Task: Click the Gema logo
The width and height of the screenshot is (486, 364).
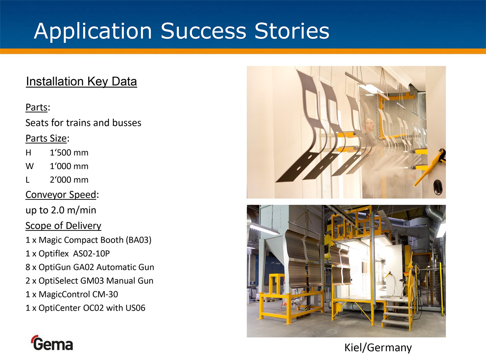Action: [52, 343]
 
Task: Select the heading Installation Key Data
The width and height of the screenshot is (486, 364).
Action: [82, 81]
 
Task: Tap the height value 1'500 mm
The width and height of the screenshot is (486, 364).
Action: [69, 153]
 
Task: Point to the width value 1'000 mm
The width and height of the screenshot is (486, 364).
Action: [69, 166]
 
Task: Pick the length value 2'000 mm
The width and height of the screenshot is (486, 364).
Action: [69, 180]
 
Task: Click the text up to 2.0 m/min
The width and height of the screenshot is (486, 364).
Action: [61, 210]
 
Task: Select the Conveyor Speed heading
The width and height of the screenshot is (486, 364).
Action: [61, 195]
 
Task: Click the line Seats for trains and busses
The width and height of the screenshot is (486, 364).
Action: [83, 123]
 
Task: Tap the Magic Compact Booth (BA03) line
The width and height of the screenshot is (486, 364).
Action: [88, 240]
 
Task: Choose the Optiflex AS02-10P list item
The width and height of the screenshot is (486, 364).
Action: [68, 253]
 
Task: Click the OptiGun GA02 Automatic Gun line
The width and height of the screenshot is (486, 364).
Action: [90, 267]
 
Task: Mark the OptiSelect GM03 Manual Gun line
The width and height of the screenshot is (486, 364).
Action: [89, 281]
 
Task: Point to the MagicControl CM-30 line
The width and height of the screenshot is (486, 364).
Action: [72, 294]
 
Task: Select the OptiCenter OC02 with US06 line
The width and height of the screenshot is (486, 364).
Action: [85, 308]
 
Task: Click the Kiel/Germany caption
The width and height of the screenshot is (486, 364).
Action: [378, 348]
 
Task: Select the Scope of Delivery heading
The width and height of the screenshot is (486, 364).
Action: [63, 226]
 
